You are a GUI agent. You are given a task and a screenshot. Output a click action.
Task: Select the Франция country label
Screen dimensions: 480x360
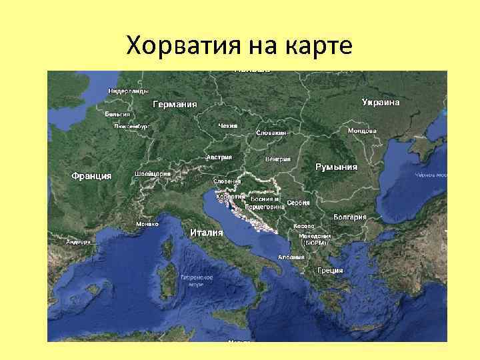91,175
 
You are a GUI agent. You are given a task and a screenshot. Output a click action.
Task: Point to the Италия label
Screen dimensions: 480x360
206,233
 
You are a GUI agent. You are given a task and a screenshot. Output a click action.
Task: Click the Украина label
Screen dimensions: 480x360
381,103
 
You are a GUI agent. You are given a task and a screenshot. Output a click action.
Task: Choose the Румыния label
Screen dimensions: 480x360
336,167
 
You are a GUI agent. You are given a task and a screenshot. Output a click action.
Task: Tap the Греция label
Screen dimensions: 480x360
330,270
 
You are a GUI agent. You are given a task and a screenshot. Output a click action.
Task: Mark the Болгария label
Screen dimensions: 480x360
351,217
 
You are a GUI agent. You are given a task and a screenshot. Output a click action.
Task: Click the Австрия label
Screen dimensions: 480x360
219,157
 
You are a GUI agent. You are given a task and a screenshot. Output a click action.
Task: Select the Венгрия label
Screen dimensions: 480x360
277,159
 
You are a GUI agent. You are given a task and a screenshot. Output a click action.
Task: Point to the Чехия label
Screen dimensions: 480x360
228,125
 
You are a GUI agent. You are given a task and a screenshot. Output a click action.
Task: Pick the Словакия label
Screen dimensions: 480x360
271,133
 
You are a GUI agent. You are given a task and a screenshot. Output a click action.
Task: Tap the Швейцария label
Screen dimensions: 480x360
153,173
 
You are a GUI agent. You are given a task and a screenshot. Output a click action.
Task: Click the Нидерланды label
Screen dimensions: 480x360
129,91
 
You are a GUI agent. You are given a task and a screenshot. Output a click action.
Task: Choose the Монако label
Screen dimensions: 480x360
147,224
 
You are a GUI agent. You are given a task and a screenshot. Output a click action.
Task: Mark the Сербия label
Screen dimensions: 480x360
297,202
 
